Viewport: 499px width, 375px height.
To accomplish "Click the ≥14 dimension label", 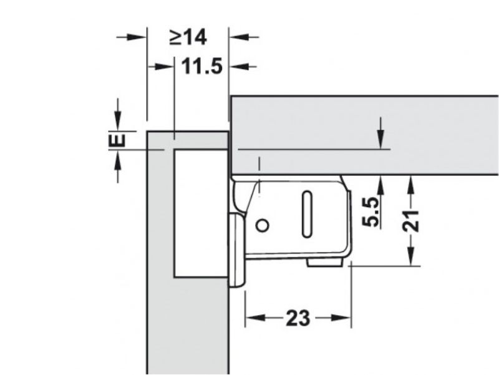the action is click(x=188, y=37).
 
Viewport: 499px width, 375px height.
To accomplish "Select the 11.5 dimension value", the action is click(x=201, y=67).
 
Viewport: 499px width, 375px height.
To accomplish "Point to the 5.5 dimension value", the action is click(x=371, y=212).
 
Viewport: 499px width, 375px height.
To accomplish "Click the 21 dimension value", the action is click(x=411, y=221).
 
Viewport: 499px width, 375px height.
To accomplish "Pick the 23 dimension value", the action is click(x=298, y=318).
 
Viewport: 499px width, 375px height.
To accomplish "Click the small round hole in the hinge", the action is click(x=263, y=226).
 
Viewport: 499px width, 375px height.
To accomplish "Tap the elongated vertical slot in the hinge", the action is click(x=307, y=214).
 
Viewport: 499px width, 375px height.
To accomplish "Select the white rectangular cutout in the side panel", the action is click(x=201, y=213).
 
